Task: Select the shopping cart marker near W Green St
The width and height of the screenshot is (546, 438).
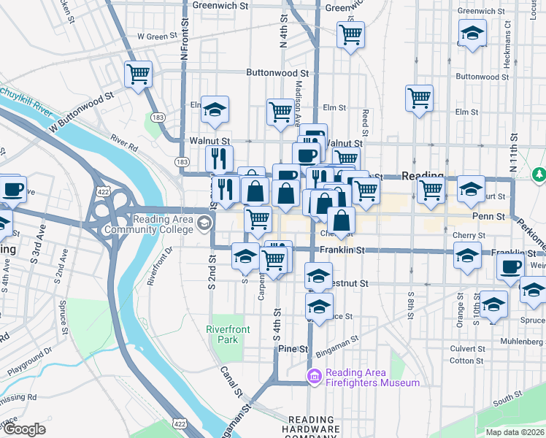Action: (138, 74)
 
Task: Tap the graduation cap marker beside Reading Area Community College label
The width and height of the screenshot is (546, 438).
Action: (206, 225)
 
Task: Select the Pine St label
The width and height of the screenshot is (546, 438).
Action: (293, 350)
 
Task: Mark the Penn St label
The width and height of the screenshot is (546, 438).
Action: (490, 217)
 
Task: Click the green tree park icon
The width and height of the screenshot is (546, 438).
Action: (539, 174)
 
